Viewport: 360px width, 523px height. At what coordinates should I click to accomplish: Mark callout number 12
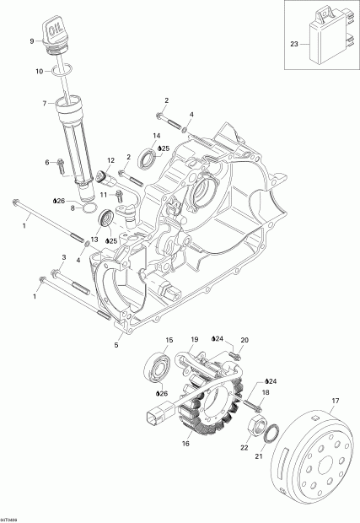110,160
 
